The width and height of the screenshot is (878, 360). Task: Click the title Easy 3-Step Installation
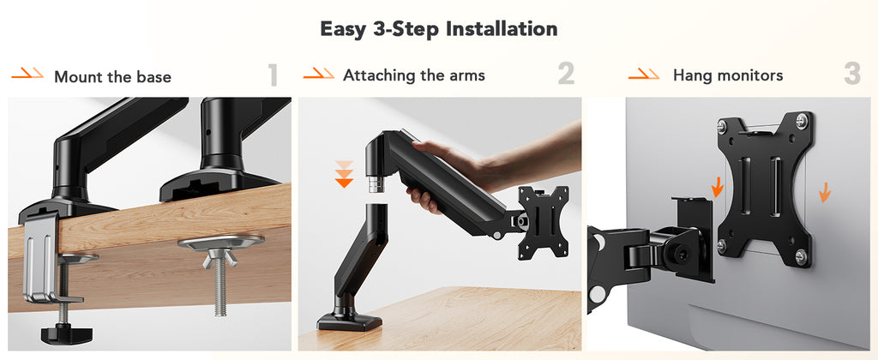coord(438,28)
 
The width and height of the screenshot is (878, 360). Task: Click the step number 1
coord(273,75)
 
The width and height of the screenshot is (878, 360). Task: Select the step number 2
coord(566,74)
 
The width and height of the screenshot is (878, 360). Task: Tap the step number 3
coord(852,74)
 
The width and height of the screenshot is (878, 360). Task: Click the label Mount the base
coord(112,76)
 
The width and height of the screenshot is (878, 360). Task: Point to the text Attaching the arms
coord(414,75)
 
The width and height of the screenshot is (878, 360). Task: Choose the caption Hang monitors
coord(728,75)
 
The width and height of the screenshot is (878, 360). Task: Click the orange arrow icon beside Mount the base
coord(27,73)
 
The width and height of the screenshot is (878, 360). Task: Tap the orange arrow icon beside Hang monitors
coord(644,74)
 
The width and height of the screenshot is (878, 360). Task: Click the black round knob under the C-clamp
coord(67,334)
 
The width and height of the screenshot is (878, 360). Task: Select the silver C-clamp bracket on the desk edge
coord(41,258)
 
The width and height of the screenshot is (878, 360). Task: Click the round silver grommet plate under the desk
coord(221,242)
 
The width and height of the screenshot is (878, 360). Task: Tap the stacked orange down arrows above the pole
coord(344,174)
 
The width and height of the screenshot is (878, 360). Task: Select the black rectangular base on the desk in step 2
coord(350,321)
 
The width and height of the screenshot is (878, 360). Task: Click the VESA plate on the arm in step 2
coord(543,222)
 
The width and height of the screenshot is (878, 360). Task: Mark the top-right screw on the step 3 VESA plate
coord(802,120)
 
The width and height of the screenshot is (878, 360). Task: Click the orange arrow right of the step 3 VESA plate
coord(824,192)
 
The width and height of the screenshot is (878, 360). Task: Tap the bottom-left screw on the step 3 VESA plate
coord(723,244)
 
